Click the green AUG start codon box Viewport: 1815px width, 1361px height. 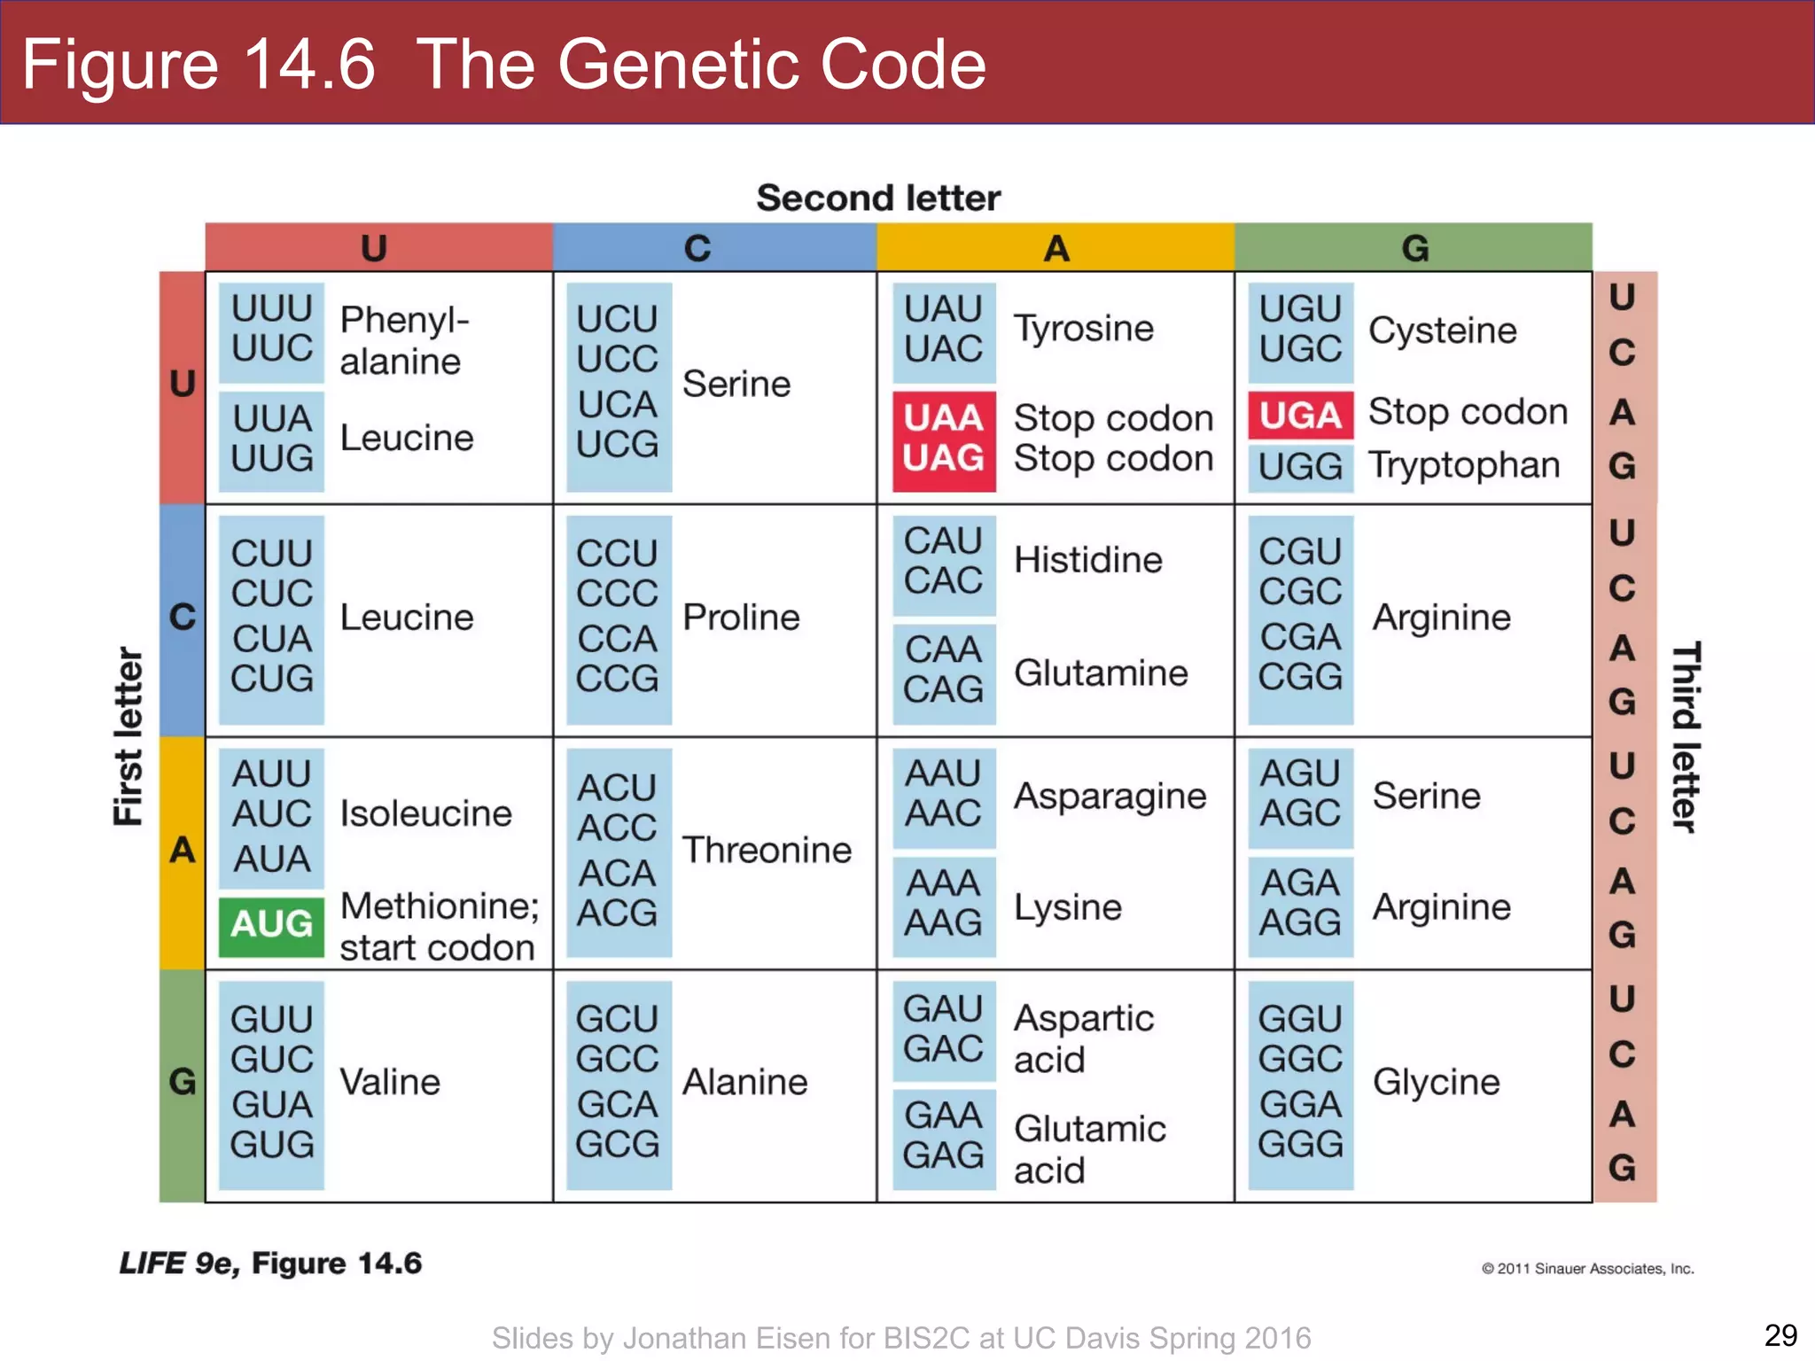click(271, 925)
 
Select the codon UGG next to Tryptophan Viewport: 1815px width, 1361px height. click(1300, 466)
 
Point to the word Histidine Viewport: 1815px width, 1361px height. click(1087, 561)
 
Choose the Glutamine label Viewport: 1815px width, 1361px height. click(1101, 673)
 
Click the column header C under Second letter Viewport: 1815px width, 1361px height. click(697, 248)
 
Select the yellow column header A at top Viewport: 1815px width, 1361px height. click(1056, 248)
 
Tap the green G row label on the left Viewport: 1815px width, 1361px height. click(183, 1082)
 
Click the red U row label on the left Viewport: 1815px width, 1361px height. click(183, 385)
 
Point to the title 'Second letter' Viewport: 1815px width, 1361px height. click(878, 198)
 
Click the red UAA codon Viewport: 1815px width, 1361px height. click(944, 417)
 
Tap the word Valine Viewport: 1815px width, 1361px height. click(390, 1082)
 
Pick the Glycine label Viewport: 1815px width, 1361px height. click(1436, 1082)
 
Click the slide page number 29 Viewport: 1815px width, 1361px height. click(1780, 1334)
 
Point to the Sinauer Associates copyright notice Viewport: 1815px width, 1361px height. click(1587, 1269)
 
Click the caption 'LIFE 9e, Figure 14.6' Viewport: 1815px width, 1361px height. click(271, 1264)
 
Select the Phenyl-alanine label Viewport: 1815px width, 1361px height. click(404, 341)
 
